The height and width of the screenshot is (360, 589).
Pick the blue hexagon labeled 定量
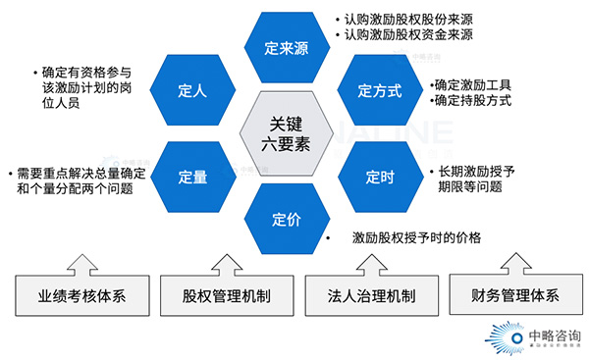click(x=193, y=177)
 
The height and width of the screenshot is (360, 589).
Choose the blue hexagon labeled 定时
click(x=379, y=177)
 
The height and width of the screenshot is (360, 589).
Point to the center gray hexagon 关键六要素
click(x=286, y=133)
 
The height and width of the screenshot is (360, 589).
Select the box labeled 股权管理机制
click(x=227, y=296)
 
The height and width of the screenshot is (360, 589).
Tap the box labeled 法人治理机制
click(x=359, y=296)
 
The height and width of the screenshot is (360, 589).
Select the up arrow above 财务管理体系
click(x=507, y=260)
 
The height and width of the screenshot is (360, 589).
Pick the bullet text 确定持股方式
click(x=477, y=100)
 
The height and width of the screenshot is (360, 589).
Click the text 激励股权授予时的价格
click(x=417, y=237)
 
